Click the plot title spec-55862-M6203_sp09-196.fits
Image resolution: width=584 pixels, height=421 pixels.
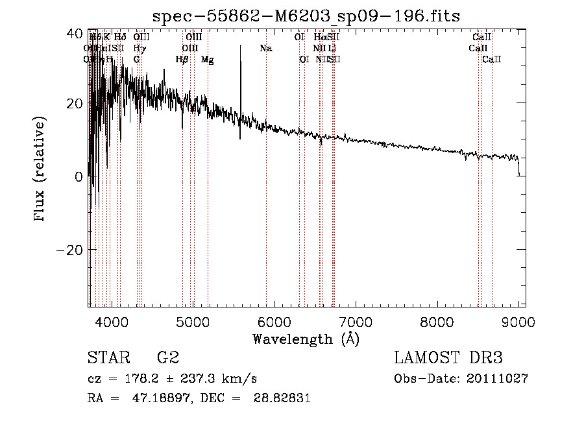coord(306,15)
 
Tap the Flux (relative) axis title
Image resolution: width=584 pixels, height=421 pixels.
coord(40,170)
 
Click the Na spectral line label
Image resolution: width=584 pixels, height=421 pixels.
coord(265,48)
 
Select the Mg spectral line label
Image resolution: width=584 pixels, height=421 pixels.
coord(208,59)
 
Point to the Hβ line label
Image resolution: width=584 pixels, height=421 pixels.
coord(182,59)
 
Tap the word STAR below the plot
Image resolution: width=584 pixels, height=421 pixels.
coord(108,357)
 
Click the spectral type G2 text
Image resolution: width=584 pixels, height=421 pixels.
coord(168,357)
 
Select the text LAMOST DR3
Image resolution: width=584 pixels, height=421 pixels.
coord(448,357)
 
